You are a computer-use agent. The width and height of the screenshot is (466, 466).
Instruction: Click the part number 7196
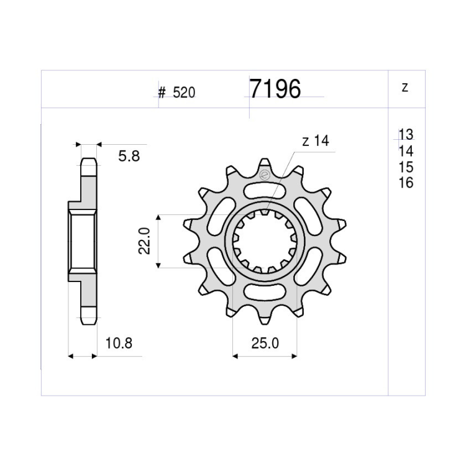click(275, 89)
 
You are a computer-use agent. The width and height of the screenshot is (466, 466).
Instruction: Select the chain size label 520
click(184, 93)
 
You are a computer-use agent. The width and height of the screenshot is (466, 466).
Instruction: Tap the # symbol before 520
click(162, 93)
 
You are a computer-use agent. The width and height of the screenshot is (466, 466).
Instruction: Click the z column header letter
click(404, 88)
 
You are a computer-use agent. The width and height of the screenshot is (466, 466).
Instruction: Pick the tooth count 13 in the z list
click(406, 134)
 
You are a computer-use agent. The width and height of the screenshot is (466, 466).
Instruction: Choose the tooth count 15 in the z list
click(406, 167)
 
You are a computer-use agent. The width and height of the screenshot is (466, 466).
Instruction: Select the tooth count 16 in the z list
click(406, 183)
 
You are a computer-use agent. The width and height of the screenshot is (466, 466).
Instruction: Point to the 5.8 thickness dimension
click(129, 156)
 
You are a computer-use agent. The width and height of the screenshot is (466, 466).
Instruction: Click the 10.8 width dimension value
click(119, 343)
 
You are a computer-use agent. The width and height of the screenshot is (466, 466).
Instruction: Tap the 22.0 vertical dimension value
click(144, 241)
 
